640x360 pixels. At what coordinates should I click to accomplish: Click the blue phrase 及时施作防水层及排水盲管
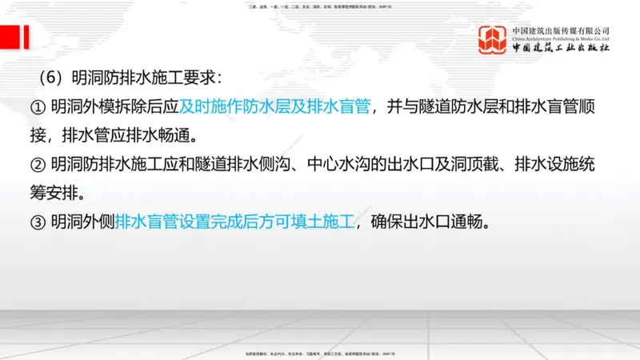pos(274,106)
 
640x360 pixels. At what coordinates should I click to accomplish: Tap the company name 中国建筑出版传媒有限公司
pos(561,30)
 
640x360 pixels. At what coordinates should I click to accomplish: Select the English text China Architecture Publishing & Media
pos(561,38)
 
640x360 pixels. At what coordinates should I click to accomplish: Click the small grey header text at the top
pos(320,6)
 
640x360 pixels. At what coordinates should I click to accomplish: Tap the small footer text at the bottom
pos(320,353)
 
